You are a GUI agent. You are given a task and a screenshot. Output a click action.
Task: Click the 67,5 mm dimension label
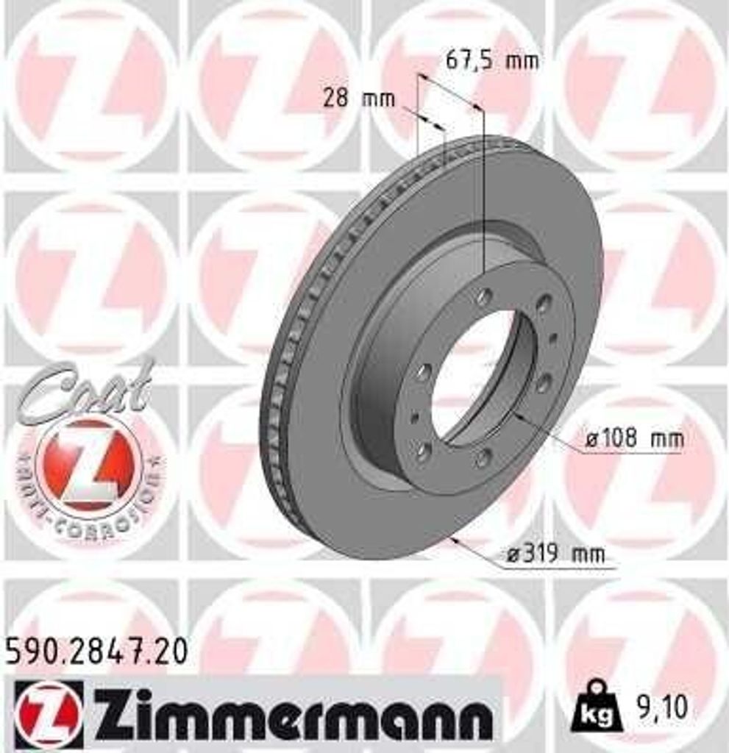point(492,60)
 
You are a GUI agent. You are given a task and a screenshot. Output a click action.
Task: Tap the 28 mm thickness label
point(359,98)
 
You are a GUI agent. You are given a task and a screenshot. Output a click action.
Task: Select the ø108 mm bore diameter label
point(635,440)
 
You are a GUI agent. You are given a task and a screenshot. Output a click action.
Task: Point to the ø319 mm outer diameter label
point(556,554)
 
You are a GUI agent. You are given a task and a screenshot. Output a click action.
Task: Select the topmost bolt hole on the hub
point(485,297)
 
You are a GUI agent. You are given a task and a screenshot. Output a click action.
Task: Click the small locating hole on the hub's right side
point(552,338)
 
